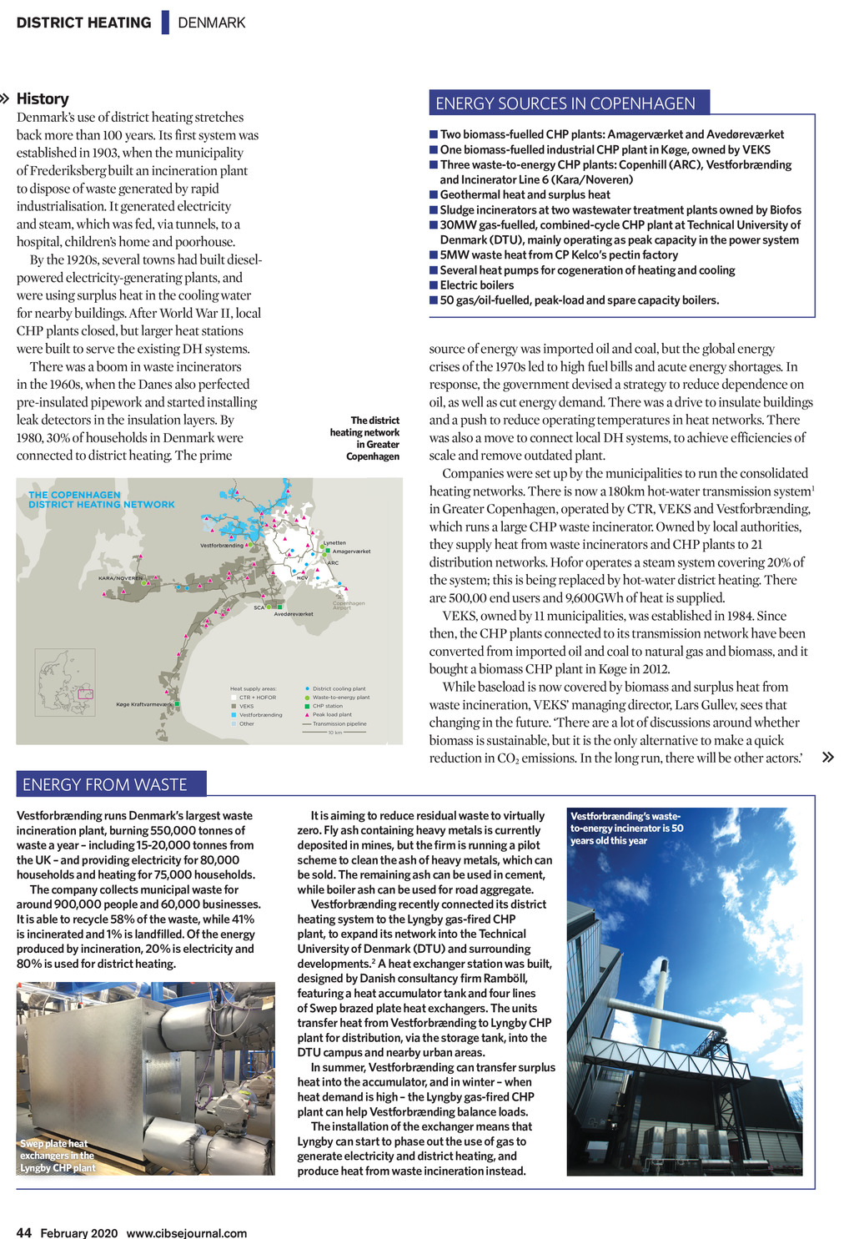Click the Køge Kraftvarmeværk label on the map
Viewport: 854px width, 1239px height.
(x=144, y=704)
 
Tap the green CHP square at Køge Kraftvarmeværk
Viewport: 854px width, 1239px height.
(x=178, y=704)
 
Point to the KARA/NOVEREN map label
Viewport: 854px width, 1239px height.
(x=120, y=577)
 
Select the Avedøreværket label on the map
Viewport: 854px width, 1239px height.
(x=294, y=614)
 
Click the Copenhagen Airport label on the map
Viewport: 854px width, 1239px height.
(x=349, y=605)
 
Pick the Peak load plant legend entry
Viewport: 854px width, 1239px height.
(x=332, y=714)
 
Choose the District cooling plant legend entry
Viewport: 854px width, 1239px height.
(x=339, y=688)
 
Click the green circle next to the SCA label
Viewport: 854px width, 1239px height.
(x=269, y=607)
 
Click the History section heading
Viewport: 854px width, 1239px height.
(x=43, y=98)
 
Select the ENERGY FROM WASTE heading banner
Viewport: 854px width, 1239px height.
(x=105, y=784)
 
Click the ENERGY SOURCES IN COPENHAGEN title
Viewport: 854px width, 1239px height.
(x=565, y=103)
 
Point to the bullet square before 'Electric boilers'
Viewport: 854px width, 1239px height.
(x=434, y=285)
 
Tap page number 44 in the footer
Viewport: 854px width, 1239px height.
(x=24, y=1232)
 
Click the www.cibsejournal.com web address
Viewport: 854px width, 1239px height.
(x=186, y=1232)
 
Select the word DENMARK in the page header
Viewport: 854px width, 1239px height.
(x=212, y=23)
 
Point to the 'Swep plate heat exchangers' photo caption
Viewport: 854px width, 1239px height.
(x=58, y=1156)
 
